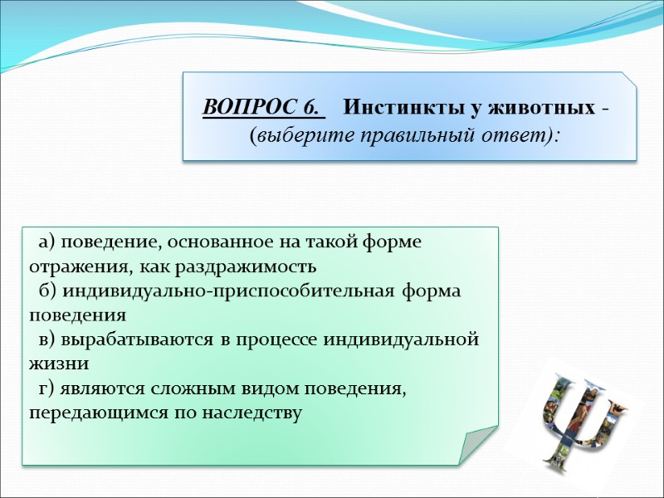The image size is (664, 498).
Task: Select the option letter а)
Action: click(46, 242)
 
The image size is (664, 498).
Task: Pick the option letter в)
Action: click(46, 340)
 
